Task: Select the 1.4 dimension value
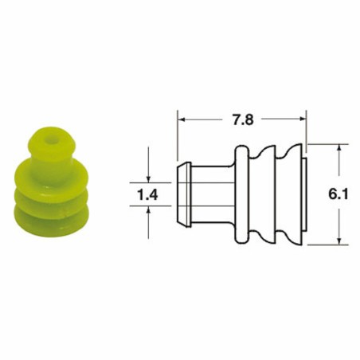tap(149, 193)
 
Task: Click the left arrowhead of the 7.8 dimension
tap(180, 120)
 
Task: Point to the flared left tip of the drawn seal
tap(182, 194)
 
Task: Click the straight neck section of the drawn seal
tap(212, 194)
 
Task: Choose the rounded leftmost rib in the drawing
tap(243, 194)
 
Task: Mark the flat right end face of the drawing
tap(305, 194)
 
